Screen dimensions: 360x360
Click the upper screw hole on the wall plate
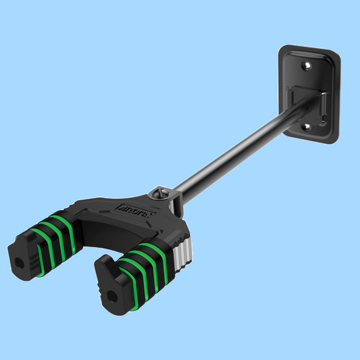click(x=307, y=66)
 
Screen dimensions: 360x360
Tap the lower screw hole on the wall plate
click(x=305, y=126)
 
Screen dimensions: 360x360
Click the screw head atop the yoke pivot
click(x=161, y=192)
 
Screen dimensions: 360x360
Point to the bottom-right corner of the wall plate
click(x=334, y=140)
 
